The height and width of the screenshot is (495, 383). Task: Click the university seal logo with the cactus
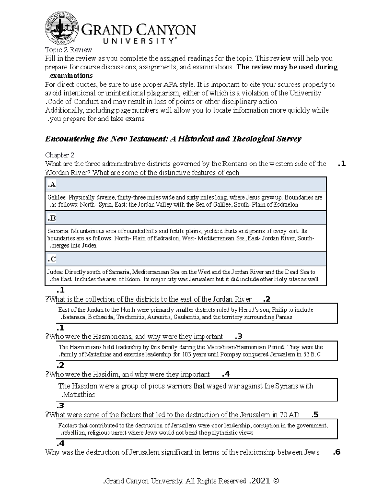(62, 29)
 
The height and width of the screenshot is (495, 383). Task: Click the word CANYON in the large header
(167, 31)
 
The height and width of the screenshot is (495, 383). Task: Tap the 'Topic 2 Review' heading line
(68, 50)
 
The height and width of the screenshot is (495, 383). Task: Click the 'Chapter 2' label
(60, 155)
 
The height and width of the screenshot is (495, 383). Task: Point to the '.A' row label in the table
(51, 184)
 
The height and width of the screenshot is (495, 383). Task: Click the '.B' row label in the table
(51, 218)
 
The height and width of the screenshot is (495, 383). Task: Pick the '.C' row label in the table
(51, 259)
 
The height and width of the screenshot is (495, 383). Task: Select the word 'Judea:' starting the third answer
(55, 272)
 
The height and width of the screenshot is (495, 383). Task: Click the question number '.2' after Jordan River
(267, 299)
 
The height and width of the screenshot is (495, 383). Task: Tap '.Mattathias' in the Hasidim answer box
(78, 395)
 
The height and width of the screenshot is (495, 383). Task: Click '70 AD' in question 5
(289, 415)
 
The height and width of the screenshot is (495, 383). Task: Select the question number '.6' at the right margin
(336, 452)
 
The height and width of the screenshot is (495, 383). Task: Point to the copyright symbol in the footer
(276, 481)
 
